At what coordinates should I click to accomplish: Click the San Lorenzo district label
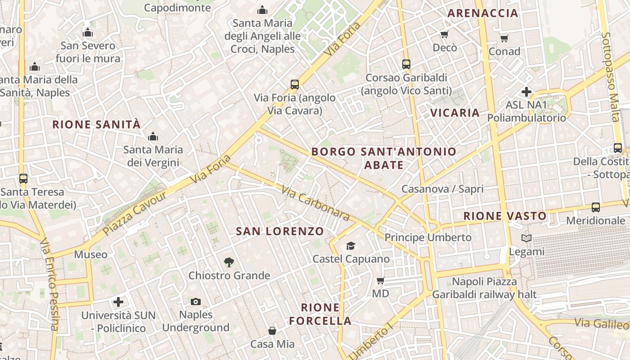point(280,231)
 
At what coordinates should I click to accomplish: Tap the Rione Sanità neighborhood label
point(97,125)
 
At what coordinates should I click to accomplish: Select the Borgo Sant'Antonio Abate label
point(384,158)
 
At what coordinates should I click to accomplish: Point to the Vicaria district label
point(455,112)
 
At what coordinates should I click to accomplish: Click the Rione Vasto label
point(505,216)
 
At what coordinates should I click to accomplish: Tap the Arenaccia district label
point(483,13)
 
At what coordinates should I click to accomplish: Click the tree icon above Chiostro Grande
point(229,262)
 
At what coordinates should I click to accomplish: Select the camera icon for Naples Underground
point(196,301)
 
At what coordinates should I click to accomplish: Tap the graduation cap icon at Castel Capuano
point(351,246)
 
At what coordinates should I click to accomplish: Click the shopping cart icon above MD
point(380,281)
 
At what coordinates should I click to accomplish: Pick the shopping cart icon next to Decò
point(445,34)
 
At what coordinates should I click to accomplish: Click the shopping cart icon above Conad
point(504,38)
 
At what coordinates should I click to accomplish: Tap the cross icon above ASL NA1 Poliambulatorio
point(526,92)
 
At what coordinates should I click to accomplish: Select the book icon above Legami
point(526,238)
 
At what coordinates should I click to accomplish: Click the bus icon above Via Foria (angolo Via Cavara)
point(295,84)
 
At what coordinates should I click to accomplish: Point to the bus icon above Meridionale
point(596,207)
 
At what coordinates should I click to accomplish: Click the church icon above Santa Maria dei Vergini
point(153,136)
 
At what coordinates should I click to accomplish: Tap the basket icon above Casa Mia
point(272,331)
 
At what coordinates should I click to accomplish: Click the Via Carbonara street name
point(315,203)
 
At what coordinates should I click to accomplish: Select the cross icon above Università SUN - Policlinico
point(118,301)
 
